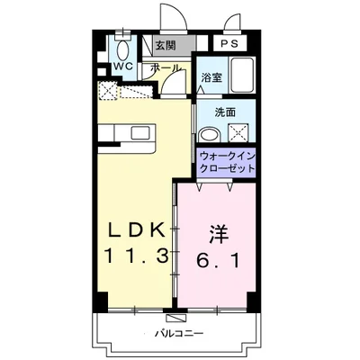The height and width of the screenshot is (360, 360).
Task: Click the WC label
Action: point(124,67)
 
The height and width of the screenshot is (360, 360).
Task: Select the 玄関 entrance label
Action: point(165,45)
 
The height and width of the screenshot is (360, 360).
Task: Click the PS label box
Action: point(229,43)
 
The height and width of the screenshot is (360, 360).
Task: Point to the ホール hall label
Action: point(166,67)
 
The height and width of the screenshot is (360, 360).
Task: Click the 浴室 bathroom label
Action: point(211,77)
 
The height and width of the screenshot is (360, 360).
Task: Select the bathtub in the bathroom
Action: point(243,76)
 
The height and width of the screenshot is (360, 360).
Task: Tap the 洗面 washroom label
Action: point(225,112)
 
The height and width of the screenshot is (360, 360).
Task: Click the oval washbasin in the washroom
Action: point(210,134)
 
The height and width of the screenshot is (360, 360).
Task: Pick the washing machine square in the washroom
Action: point(238,132)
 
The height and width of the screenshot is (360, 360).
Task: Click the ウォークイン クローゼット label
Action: point(227,162)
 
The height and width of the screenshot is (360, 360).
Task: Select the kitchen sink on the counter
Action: point(140,132)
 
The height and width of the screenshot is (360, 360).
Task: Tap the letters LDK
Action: point(137,230)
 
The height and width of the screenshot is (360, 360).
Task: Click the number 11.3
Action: point(136,256)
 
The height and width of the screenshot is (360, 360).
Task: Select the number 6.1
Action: point(218,260)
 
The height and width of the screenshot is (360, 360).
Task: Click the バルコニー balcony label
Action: point(179,333)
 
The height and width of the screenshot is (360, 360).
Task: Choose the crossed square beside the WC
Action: point(107,90)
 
